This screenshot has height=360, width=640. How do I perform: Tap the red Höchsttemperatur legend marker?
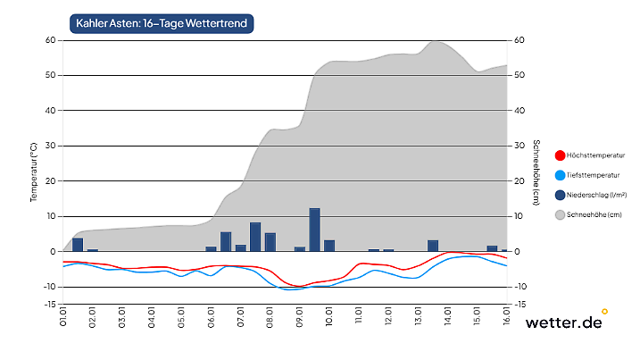(560, 155)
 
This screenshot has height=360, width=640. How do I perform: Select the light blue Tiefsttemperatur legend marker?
(560, 175)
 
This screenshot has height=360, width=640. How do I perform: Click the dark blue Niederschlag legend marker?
(560, 195)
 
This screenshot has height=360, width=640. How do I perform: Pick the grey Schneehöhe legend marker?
(560, 214)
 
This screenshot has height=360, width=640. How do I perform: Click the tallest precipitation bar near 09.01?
(314, 230)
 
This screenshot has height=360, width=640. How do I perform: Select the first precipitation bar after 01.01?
(78, 245)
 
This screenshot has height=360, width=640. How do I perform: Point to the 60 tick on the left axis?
(50, 40)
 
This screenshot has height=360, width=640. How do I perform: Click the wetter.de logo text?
(562, 323)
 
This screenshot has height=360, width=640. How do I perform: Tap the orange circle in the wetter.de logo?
(604, 312)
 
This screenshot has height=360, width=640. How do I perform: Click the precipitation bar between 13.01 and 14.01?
(433, 246)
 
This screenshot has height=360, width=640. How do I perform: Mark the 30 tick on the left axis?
(50, 146)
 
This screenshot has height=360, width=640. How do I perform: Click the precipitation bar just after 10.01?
(329, 246)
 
